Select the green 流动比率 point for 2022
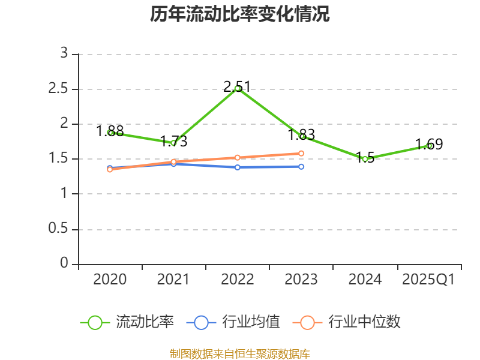coord(238,89)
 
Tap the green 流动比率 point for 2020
coord(110,133)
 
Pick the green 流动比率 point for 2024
coord(365,159)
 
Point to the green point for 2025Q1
coord(429,146)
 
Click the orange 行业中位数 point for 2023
coord(301,154)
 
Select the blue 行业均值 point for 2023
coord(301,166)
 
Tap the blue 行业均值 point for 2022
coord(238,167)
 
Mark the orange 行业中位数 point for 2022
coord(238,158)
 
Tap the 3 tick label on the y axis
coord(65,54)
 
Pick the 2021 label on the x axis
coord(173,279)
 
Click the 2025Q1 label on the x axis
coord(428,279)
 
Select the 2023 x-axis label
coord(301,279)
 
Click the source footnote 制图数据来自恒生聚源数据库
coord(240,353)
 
